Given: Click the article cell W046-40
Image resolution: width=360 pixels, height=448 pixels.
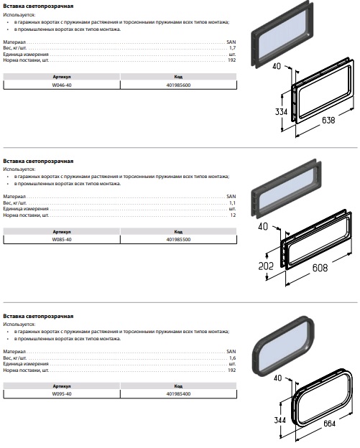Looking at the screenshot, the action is point(62,85).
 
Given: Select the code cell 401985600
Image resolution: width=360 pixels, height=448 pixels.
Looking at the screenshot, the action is point(178,85).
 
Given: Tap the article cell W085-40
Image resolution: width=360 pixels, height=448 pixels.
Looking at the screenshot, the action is point(62,239).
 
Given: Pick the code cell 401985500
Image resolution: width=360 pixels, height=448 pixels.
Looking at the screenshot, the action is point(178,239).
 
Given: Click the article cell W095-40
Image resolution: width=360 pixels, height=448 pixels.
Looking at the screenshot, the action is point(62,393).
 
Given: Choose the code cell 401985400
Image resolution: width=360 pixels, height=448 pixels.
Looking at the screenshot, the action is point(178,393).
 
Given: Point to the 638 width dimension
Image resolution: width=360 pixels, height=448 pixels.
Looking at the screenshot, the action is point(328,120).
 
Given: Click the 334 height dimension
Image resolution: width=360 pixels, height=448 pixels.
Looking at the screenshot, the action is point(281,111).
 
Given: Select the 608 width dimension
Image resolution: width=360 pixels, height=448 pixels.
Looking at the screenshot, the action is point(320,268).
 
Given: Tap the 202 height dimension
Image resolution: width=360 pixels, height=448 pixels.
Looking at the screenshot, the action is point(266,266).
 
